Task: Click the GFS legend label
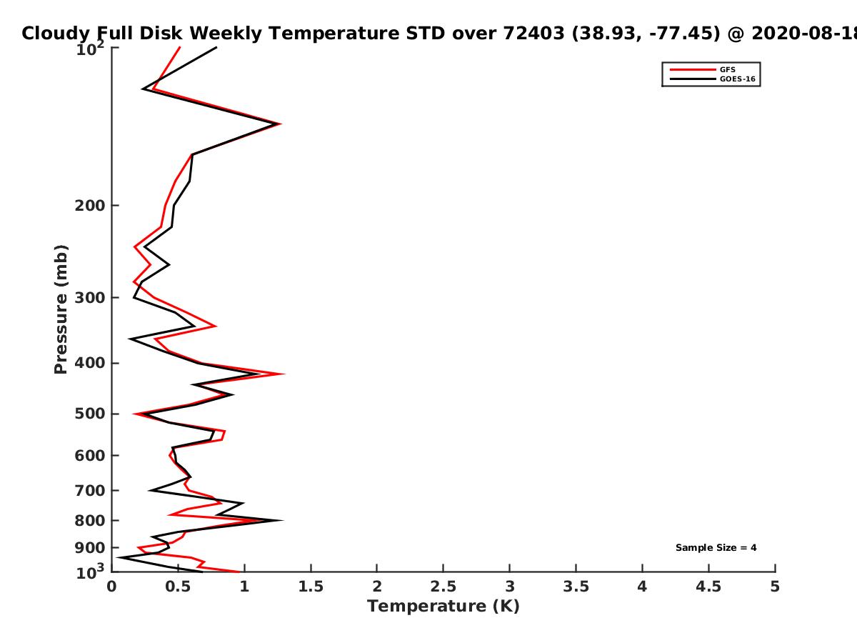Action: tap(727, 69)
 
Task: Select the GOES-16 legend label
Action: tap(738, 79)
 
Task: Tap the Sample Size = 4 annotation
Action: tap(716, 547)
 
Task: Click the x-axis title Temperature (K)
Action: tap(443, 606)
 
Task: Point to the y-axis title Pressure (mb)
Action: tap(61, 309)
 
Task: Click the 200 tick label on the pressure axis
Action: tap(90, 205)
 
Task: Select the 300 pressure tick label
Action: tap(90, 297)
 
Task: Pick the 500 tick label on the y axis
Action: tap(90, 414)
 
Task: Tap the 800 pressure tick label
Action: tap(90, 520)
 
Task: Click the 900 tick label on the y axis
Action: tap(90, 548)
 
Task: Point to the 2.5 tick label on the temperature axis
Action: tap(443, 587)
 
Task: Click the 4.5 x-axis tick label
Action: tap(708, 587)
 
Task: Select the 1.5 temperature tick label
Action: tap(311, 587)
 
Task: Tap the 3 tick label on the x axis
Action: tap(509, 587)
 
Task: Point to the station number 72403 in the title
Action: tap(533, 33)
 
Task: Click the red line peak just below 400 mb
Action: tap(284, 374)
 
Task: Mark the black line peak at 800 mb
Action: tap(282, 520)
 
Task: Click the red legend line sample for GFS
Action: tap(693, 69)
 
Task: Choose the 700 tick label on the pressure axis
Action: tap(90, 490)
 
